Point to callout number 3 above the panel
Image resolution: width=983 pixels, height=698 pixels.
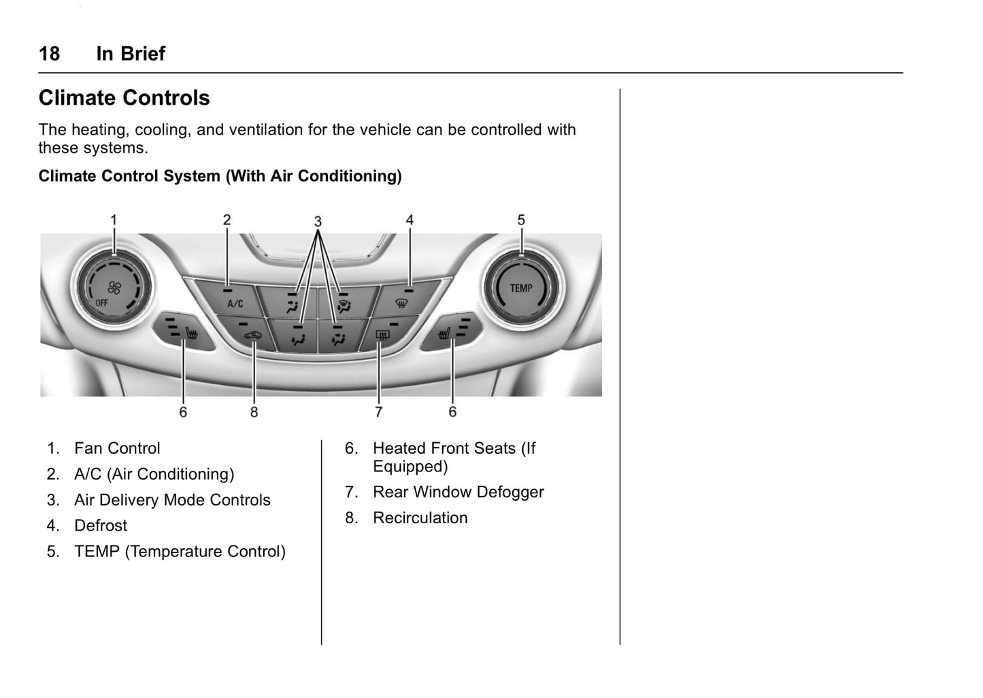318,222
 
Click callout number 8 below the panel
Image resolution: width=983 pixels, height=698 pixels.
254,412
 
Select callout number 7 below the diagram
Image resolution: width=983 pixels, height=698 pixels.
378,412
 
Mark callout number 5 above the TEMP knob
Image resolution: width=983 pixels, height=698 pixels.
521,220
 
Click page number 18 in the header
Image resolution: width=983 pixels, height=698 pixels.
49,54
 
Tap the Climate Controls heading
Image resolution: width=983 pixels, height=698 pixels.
124,98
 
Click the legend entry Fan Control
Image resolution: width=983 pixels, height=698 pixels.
117,448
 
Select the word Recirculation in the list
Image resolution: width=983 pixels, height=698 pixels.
420,518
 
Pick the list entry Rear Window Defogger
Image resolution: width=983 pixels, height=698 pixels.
458,492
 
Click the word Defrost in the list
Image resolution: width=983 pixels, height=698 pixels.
101,526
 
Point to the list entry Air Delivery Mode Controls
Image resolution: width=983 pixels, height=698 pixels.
172,500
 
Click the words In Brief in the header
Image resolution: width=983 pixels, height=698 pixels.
131,54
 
